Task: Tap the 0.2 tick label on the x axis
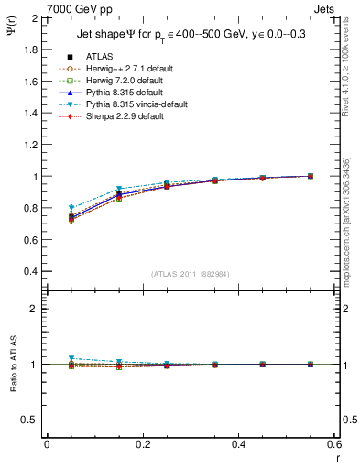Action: [x=142, y=444]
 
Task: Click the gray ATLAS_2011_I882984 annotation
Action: [x=191, y=274]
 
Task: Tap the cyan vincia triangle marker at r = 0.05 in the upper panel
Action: [x=71, y=208]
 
